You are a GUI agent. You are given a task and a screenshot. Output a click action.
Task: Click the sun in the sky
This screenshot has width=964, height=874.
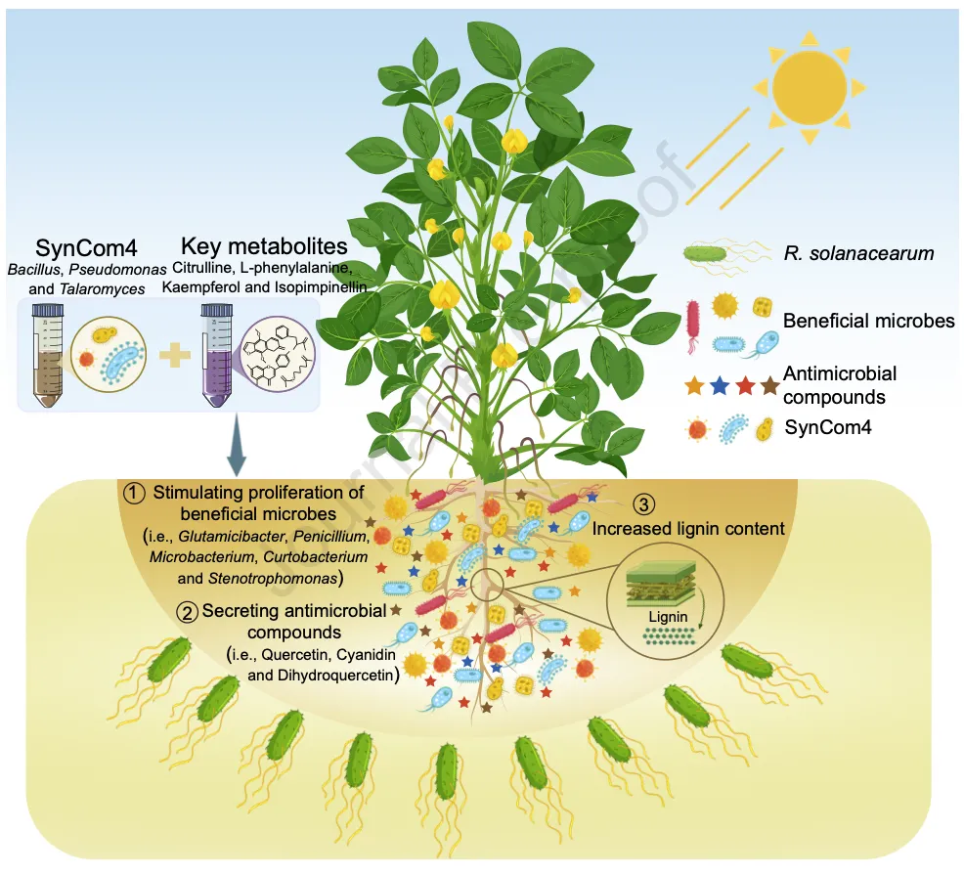tap(809, 85)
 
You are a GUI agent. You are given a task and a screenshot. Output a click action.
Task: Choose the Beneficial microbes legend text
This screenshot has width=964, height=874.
tap(857, 320)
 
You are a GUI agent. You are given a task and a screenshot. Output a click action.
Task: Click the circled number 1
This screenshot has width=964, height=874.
tap(135, 493)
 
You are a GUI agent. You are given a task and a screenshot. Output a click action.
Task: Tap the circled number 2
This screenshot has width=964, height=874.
tap(186, 612)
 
